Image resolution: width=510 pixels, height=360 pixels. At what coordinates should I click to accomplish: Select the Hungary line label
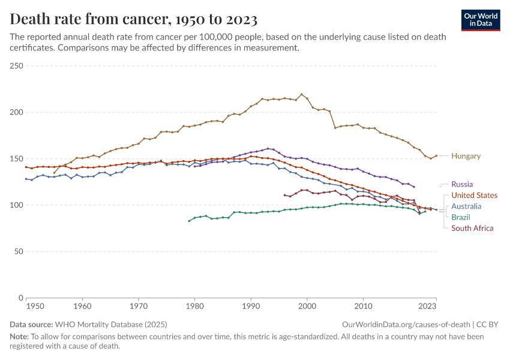coord(466,156)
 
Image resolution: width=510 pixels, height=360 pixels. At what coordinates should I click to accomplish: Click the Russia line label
coord(461,184)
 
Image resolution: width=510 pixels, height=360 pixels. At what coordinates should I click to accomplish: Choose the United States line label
coord(474,196)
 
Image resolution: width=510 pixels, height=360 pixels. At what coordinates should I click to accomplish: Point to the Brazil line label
coord(461,217)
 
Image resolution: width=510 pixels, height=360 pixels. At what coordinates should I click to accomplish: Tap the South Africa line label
coord(472,228)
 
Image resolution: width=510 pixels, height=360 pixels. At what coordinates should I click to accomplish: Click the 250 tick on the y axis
coord(16,66)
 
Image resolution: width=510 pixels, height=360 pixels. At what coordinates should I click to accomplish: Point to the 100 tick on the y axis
coord(16,205)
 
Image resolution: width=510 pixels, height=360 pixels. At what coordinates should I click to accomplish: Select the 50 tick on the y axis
coord(17,251)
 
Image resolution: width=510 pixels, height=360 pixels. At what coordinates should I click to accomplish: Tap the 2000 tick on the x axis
coord(307,306)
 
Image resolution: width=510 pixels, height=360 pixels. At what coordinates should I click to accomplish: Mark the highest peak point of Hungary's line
coord(301,94)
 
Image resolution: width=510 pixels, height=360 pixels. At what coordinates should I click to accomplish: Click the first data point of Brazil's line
coord(189,221)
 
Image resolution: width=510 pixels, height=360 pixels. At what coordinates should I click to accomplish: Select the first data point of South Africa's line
coord(284,194)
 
